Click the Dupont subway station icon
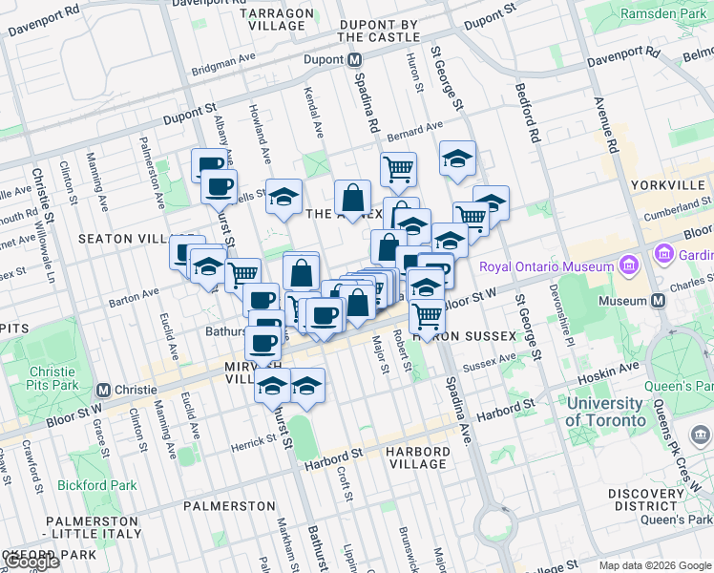pos(354,59)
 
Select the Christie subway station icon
pos(104,390)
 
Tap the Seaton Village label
pos(123,238)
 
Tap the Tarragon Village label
pos(276,19)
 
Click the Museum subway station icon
pos(658,301)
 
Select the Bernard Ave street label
pos(415,127)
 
